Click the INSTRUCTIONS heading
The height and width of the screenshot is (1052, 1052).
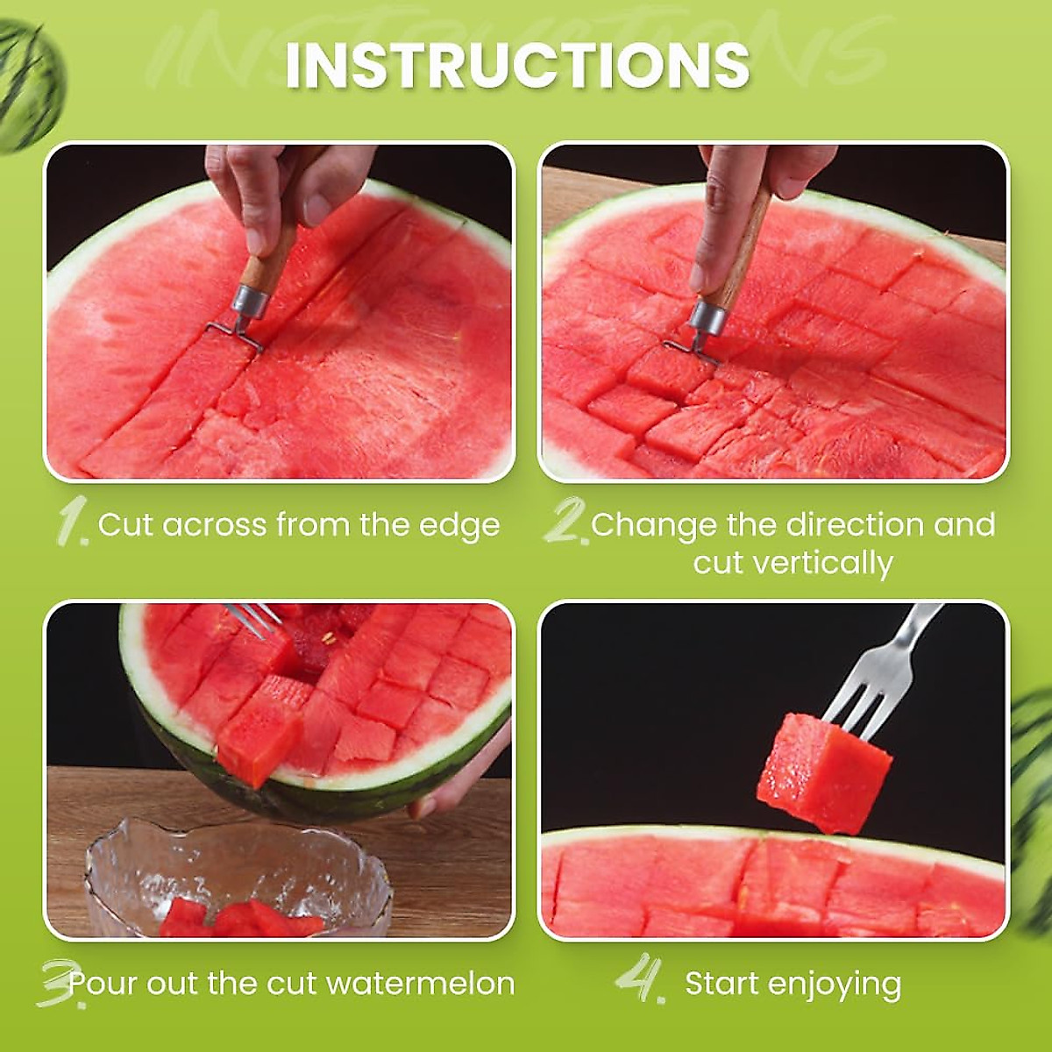click(517, 64)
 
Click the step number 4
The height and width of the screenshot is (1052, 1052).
click(640, 980)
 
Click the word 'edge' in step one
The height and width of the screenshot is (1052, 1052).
click(462, 525)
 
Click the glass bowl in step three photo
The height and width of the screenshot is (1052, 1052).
click(237, 877)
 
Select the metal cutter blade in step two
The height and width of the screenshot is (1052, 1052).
click(693, 347)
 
